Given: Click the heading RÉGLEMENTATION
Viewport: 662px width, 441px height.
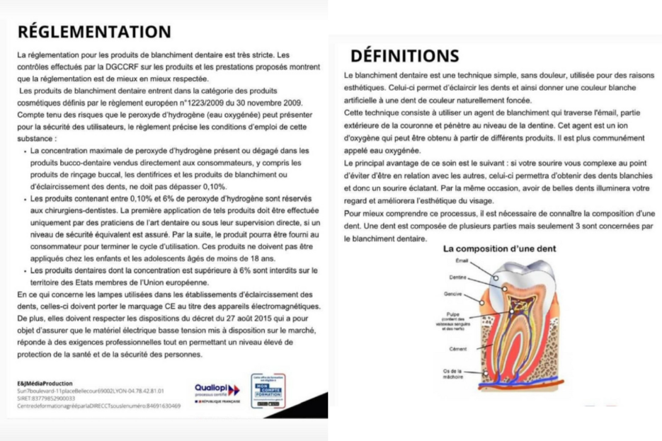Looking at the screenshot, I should [x=93, y=32].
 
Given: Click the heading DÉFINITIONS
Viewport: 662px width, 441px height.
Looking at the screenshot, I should [x=404, y=55].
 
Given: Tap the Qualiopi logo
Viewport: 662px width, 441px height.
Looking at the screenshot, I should [x=217, y=390].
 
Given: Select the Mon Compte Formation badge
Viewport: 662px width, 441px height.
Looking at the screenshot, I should [x=268, y=390].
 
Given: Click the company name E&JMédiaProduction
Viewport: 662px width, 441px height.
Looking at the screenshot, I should [x=45, y=383].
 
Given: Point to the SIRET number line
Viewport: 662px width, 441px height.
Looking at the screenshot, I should [x=42, y=399].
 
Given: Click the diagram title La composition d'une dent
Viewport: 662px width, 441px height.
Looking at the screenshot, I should [x=500, y=249].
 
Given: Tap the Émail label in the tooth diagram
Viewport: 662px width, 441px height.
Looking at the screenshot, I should [x=462, y=261].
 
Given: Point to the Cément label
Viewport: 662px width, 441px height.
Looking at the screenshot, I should [x=457, y=349].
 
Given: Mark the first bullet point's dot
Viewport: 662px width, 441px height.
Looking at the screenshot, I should [x=26, y=151].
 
